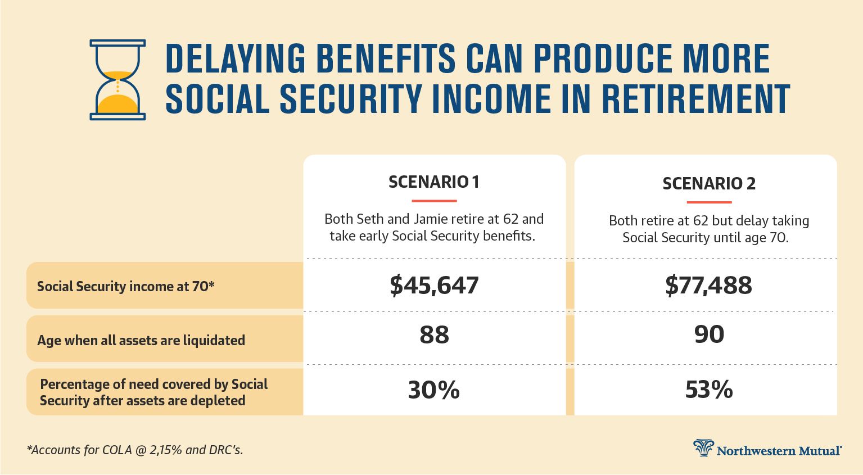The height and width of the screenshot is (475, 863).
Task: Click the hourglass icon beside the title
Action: point(118,80)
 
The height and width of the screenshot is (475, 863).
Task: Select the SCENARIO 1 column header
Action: point(434,182)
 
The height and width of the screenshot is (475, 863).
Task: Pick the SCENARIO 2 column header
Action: point(709,184)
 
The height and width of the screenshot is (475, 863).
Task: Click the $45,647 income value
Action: point(434,285)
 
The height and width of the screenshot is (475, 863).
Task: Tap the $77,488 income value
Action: point(708,285)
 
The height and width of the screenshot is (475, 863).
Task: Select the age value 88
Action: point(434,334)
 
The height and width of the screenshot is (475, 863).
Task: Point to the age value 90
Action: point(709,334)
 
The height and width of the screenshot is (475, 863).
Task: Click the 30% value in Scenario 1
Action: point(434,390)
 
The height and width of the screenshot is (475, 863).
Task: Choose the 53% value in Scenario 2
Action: point(709,390)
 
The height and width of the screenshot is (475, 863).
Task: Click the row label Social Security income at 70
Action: point(125,287)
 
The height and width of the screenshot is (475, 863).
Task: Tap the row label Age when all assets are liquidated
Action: point(141,340)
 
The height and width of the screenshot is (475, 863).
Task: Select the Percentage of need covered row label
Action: point(153,392)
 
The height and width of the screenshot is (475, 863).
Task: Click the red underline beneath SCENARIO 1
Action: point(434,201)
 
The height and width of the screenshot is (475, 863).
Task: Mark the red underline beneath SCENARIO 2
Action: point(709,202)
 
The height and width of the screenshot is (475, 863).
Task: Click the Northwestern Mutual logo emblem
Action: point(703,448)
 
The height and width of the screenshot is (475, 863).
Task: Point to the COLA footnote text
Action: point(135,450)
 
